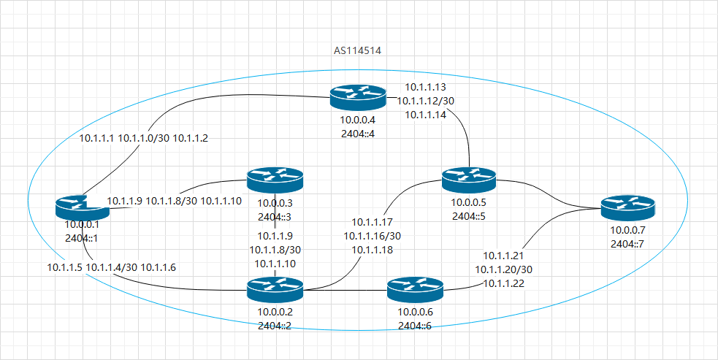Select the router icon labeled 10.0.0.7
pyautogui.click(x=628, y=209)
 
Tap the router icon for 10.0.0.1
pyautogui.click(x=82, y=207)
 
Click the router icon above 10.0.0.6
pyautogui.click(x=415, y=289)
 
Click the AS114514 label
pyautogui.click(x=358, y=51)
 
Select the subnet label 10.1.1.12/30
pyautogui.click(x=425, y=102)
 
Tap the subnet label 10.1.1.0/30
pyautogui.click(x=143, y=138)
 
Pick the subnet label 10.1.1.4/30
pyautogui.click(x=110, y=268)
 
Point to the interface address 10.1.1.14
pyautogui.click(x=425, y=114)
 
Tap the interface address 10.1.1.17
pyautogui.click(x=373, y=223)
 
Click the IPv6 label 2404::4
pyautogui.click(x=356, y=132)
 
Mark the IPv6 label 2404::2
pyautogui.click(x=274, y=326)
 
